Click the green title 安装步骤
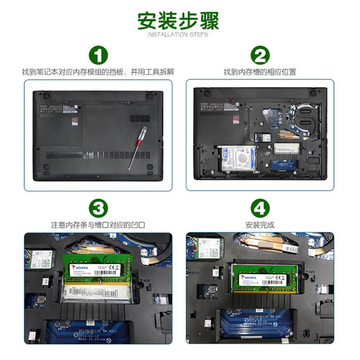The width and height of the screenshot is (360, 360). pos(179,20)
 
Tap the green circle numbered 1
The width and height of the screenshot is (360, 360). pos(97,55)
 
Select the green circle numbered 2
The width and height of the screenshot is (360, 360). pos(261,55)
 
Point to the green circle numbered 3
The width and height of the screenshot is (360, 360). pos(97,209)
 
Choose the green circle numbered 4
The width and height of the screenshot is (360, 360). pos(261,209)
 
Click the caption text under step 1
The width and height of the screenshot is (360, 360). pos(97,72)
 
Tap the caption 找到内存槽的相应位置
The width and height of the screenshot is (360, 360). pos(261,72)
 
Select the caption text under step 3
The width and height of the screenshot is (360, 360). pos(97,225)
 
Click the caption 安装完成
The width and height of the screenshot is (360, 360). pos(261,225)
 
